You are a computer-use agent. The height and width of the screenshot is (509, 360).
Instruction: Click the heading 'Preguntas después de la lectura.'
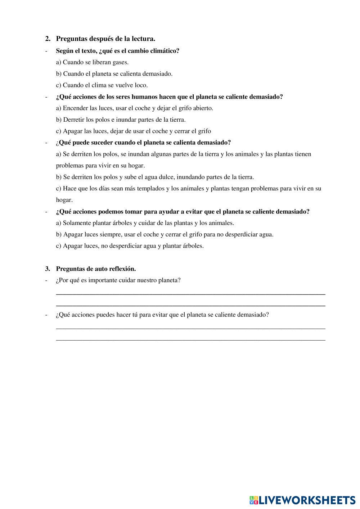pos(105,39)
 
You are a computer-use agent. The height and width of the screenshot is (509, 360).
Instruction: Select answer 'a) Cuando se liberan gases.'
pos(92,62)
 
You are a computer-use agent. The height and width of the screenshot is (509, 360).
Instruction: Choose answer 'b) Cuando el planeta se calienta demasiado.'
pos(114,74)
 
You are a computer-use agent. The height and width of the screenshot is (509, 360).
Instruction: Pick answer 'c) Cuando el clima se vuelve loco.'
pos(102,85)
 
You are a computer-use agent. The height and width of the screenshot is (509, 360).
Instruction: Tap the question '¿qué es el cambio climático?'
pos(117,51)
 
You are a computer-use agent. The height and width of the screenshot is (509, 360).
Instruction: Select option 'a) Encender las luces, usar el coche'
pos(134,108)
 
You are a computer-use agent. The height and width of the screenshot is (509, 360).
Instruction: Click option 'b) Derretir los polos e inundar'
pos(121,120)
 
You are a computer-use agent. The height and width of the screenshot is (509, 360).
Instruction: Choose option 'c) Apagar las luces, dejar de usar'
pos(133,131)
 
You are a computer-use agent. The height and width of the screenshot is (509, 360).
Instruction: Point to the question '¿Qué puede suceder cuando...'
pos(143,143)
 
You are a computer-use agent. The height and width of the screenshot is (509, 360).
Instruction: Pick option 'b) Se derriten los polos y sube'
pos(155,177)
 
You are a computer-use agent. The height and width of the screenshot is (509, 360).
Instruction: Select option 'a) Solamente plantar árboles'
pos(145,223)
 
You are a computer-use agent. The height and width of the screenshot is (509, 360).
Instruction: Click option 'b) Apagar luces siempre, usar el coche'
pos(165,234)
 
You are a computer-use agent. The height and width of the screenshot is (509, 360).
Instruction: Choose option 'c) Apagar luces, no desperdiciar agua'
pos(130,246)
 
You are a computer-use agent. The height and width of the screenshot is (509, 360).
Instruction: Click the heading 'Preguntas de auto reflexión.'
pos(96,269)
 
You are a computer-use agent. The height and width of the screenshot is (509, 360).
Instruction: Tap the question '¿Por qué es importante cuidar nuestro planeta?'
pos(118,280)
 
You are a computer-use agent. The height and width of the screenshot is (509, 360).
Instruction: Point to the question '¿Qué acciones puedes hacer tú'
pos(162,315)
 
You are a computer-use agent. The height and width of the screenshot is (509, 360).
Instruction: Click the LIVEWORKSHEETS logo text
pos(306,500)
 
